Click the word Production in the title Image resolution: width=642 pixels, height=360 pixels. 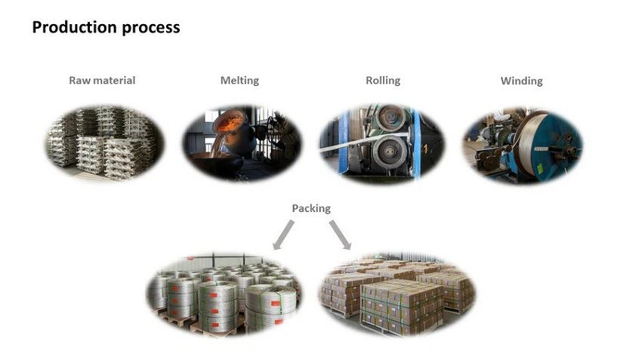pyautogui.click(x=75, y=27)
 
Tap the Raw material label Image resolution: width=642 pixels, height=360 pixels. pyautogui.click(x=102, y=80)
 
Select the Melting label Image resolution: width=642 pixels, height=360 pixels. pyautogui.click(x=239, y=81)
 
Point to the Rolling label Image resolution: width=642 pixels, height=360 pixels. pyautogui.click(x=383, y=81)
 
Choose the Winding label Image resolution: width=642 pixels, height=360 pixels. pyautogui.click(x=522, y=81)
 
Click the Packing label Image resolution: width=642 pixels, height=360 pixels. pyautogui.click(x=311, y=208)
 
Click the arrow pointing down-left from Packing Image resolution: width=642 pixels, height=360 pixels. pyautogui.click(x=283, y=235)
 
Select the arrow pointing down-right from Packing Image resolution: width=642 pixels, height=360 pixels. pyautogui.click(x=340, y=235)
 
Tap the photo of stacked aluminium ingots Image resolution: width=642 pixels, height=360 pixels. pyautogui.click(x=104, y=143)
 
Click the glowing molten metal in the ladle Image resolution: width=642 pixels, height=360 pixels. pyautogui.click(x=229, y=122)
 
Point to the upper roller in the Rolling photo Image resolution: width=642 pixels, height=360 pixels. pyautogui.click(x=390, y=118)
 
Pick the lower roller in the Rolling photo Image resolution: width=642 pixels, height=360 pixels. pyautogui.click(x=391, y=152)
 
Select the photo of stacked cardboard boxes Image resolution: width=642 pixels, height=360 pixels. pyautogui.click(x=397, y=295)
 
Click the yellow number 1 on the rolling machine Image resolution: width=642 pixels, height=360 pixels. pyautogui.click(x=425, y=149)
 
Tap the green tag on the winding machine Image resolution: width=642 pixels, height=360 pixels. pyautogui.click(x=540, y=168)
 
